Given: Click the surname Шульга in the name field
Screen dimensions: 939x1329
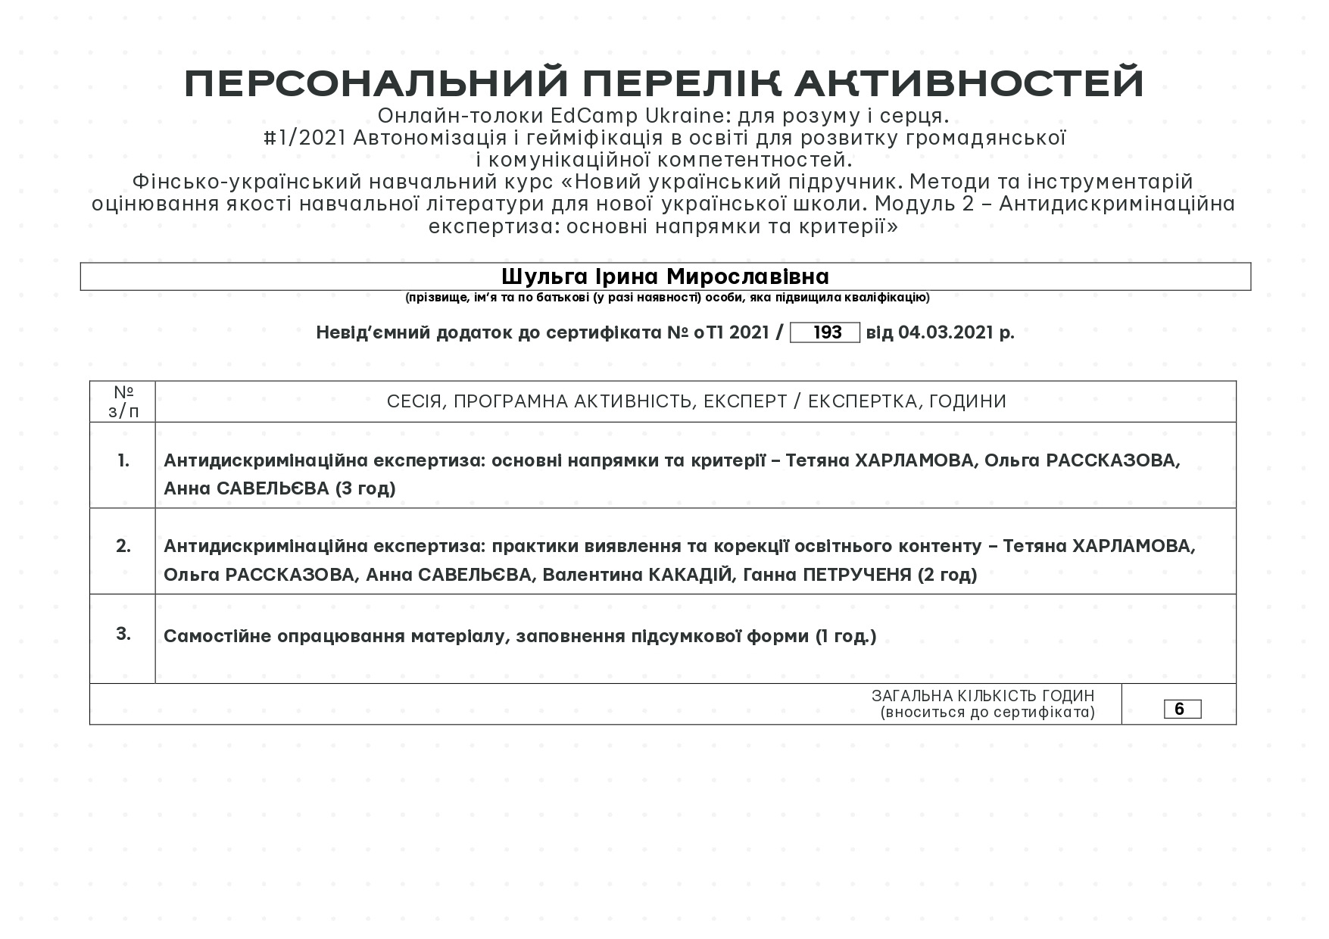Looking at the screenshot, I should (539, 276).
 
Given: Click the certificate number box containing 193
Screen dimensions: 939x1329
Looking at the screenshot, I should (825, 332).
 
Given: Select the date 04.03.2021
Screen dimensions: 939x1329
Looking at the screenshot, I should (946, 332).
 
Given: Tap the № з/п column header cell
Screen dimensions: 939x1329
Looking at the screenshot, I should (123, 401).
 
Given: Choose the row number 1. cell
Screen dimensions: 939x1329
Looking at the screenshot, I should (123, 460).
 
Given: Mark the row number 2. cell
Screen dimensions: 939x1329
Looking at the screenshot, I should (123, 546).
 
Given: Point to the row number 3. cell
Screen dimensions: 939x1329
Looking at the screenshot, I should (123, 634).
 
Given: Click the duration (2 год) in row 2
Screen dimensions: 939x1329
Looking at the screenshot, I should (947, 575).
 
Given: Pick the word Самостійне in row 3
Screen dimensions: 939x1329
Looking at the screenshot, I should (217, 636).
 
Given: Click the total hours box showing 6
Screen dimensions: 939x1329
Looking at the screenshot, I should (1181, 710).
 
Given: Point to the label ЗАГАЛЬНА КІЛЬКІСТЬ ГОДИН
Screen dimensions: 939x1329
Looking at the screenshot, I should (982, 696).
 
